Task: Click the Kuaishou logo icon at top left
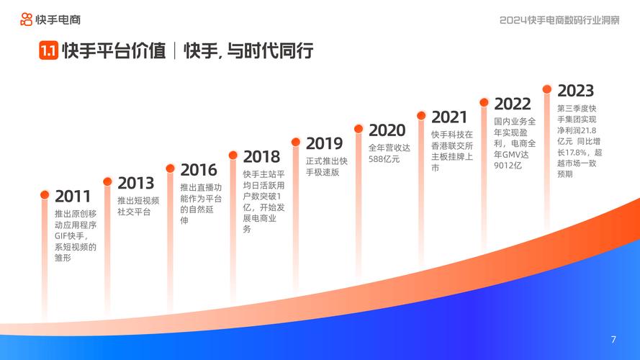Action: click(26, 19)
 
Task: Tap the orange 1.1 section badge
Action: click(48, 51)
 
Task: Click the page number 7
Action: click(613, 340)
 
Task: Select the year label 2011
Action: click(73, 197)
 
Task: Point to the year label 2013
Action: click(135, 183)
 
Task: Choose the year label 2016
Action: click(199, 170)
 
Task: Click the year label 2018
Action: click(261, 156)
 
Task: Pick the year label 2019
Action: click(324, 143)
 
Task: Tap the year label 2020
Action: click(387, 130)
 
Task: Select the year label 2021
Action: click(450, 117)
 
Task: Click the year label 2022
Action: click(513, 104)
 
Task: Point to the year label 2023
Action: click(576, 91)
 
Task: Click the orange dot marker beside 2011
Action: click(45, 194)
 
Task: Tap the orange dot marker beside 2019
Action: click(296, 142)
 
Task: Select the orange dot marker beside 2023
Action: click(547, 89)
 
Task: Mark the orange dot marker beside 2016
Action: click(171, 168)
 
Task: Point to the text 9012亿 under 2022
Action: click(508, 166)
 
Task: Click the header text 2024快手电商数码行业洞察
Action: click(559, 19)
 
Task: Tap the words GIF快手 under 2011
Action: click(70, 236)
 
